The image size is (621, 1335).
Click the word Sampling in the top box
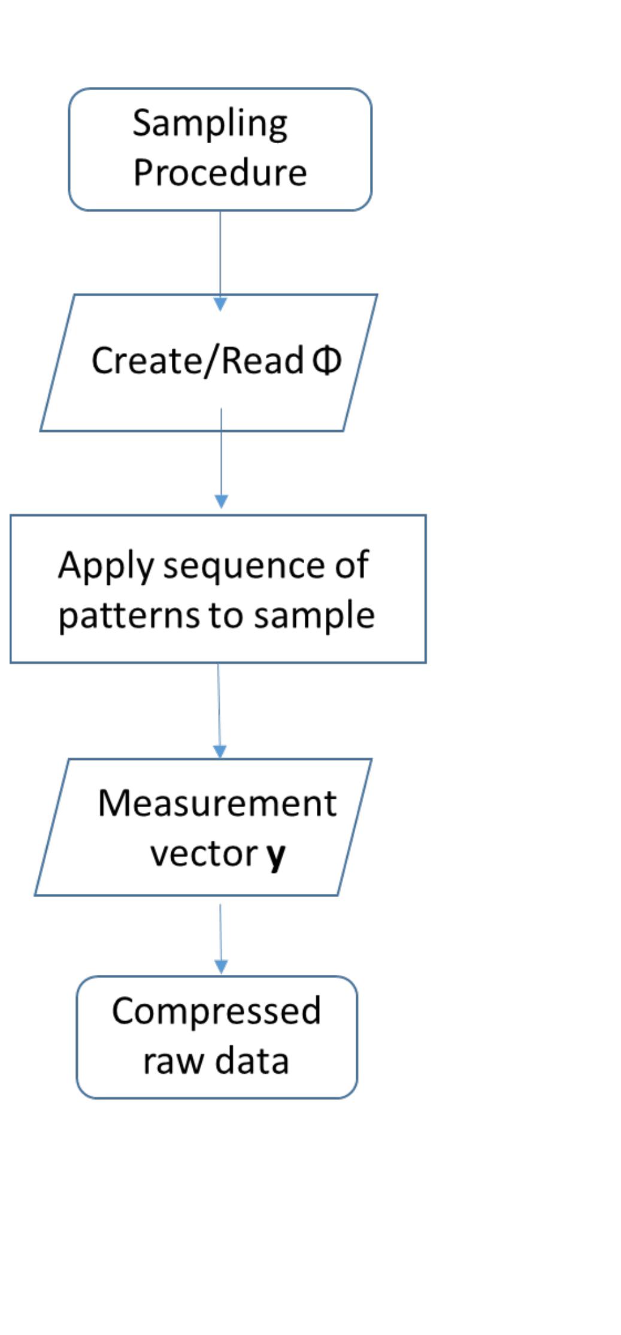[210, 123]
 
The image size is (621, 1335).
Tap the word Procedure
[220, 173]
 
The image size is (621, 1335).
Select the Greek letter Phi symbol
[327, 360]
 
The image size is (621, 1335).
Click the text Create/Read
[197, 361]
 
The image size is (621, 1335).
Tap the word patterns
[128, 616]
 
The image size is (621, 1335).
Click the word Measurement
[217, 803]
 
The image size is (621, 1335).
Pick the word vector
[204, 853]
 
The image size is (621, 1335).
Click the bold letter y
[276, 855]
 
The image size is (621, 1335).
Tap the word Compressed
[216, 1011]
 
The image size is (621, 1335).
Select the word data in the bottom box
[252, 1061]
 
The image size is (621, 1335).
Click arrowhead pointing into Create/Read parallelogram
[220, 304]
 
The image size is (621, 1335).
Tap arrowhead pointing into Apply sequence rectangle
[221, 502]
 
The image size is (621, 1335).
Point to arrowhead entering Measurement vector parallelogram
[220, 751]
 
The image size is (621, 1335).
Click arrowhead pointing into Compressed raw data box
[221, 966]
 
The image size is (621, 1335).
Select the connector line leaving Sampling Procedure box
[220, 252]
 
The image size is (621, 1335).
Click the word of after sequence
[352, 565]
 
